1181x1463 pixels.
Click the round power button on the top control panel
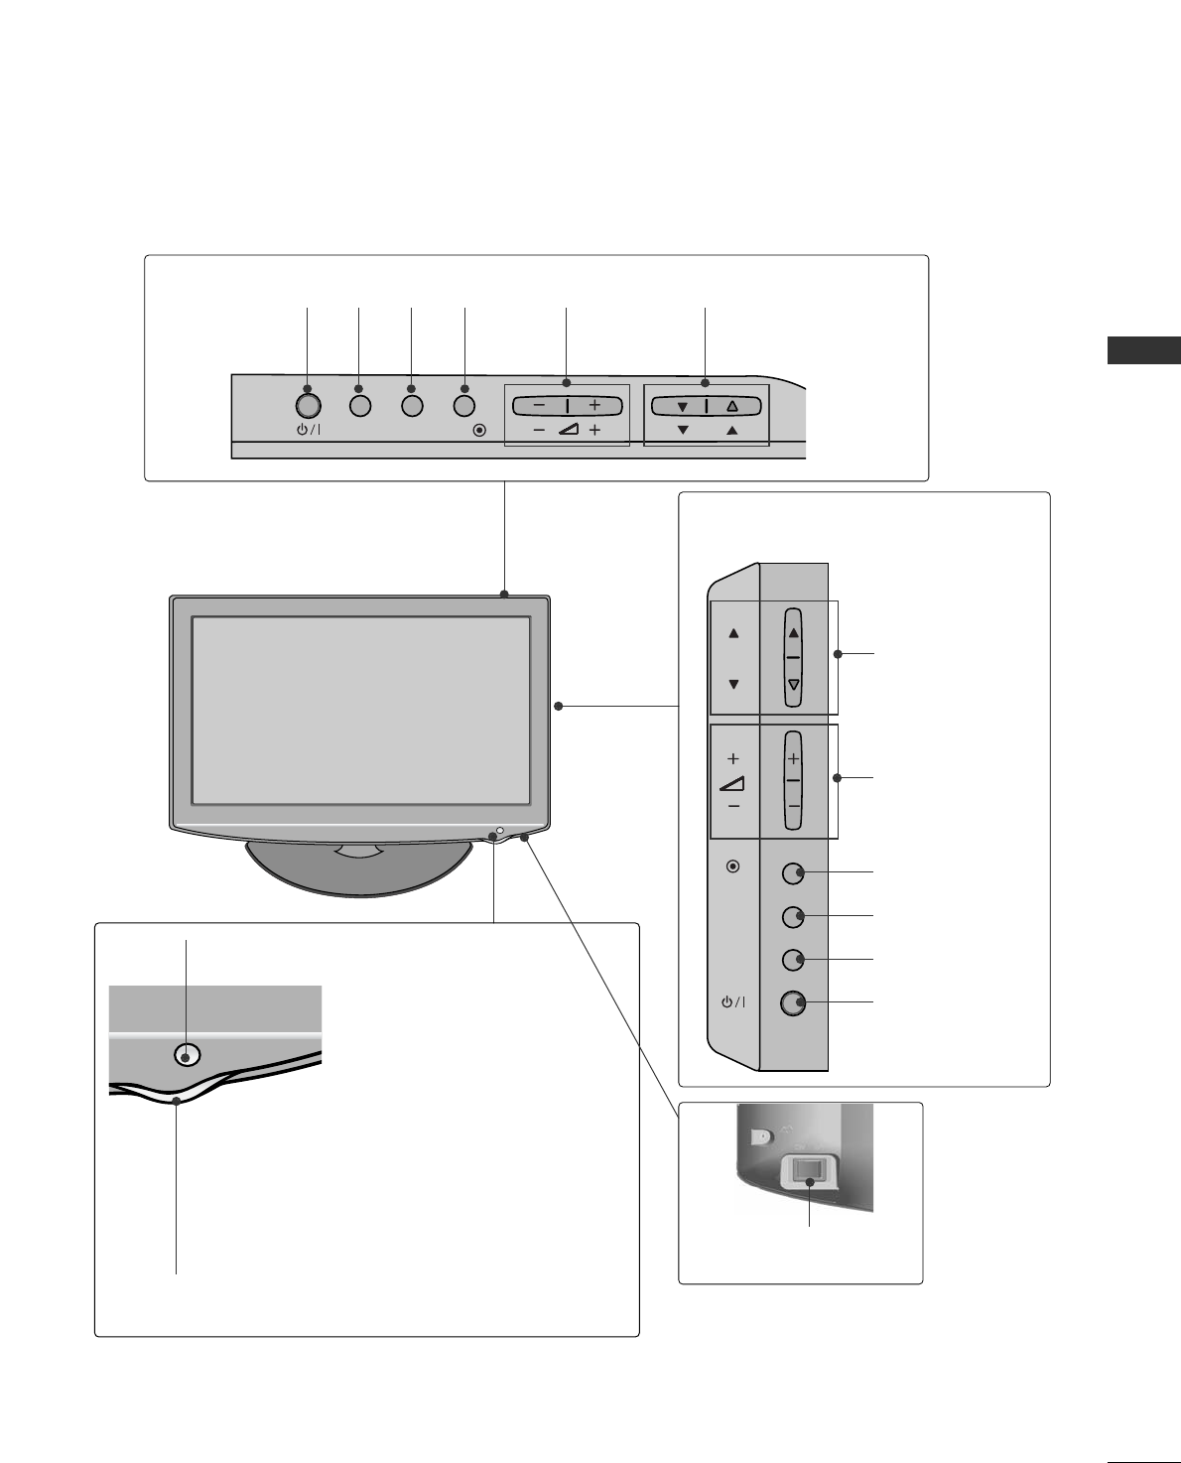pyautogui.click(x=308, y=405)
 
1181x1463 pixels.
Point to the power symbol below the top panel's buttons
pyautogui.click(x=308, y=431)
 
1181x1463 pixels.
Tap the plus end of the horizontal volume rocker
pyautogui.click(x=594, y=405)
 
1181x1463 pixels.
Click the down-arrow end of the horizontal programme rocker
pyautogui.click(x=682, y=406)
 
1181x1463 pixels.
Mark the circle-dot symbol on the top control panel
pyautogui.click(x=480, y=431)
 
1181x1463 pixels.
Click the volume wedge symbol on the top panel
pyautogui.click(x=567, y=430)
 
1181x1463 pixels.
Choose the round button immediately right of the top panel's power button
pyautogui.click(x=360, y=405)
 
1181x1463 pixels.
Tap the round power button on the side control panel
pyautogui.click(x=792, y=1003)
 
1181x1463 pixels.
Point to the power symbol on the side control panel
pyautogui.click(x=732, y=1002)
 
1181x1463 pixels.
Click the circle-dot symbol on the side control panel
pyautogui.click(x=732, y=866)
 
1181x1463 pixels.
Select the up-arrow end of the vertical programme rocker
pyautogui.click(x=793, y=631)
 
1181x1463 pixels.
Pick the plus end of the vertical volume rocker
pyautogui.click(x=793, y=757)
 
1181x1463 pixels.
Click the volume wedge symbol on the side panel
pyautogui.click(x=732, y=783)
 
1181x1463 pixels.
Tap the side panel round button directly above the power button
pyautogui.click(x=792, y=960)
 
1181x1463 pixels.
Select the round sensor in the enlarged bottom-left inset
pyautogui.click(x=187, y=1054)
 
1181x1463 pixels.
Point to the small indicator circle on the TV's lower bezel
pyautogui.click(x=500, y=831)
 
